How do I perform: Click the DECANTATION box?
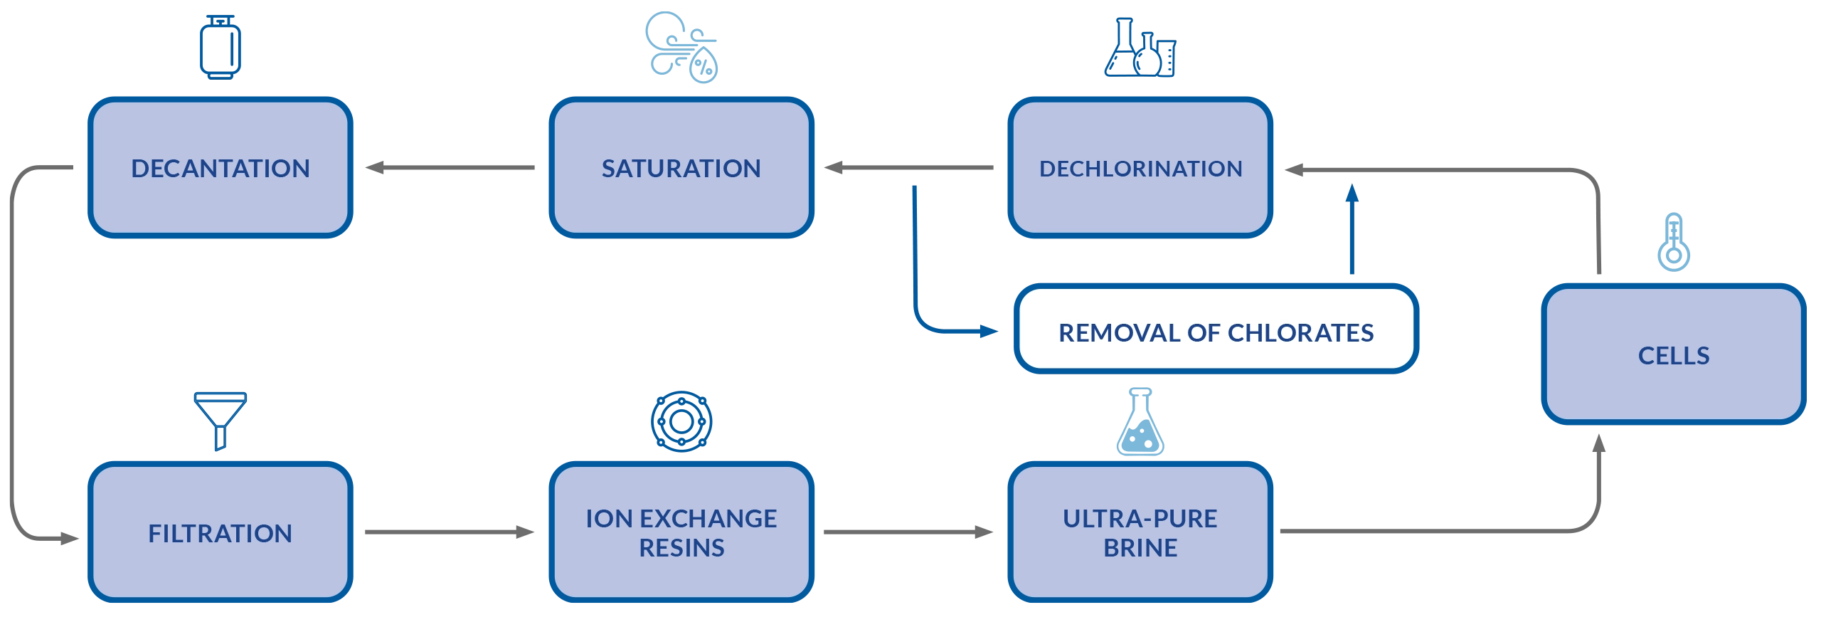(220, 168)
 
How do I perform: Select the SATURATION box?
(681, 168)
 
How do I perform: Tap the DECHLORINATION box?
(1140, 168)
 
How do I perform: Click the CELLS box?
(1673, 354)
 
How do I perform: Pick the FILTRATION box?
(220, 532)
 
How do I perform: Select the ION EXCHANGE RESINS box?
(681, 532)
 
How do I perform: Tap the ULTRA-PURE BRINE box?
(1140, 532)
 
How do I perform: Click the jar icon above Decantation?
(221, 47)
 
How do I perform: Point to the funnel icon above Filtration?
(221, 419)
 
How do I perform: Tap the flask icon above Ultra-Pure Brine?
(1140, 423)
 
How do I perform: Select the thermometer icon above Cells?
(1674, 241)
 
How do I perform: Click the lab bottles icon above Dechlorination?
(1140, 48)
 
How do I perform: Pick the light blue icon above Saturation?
(681, 47)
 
